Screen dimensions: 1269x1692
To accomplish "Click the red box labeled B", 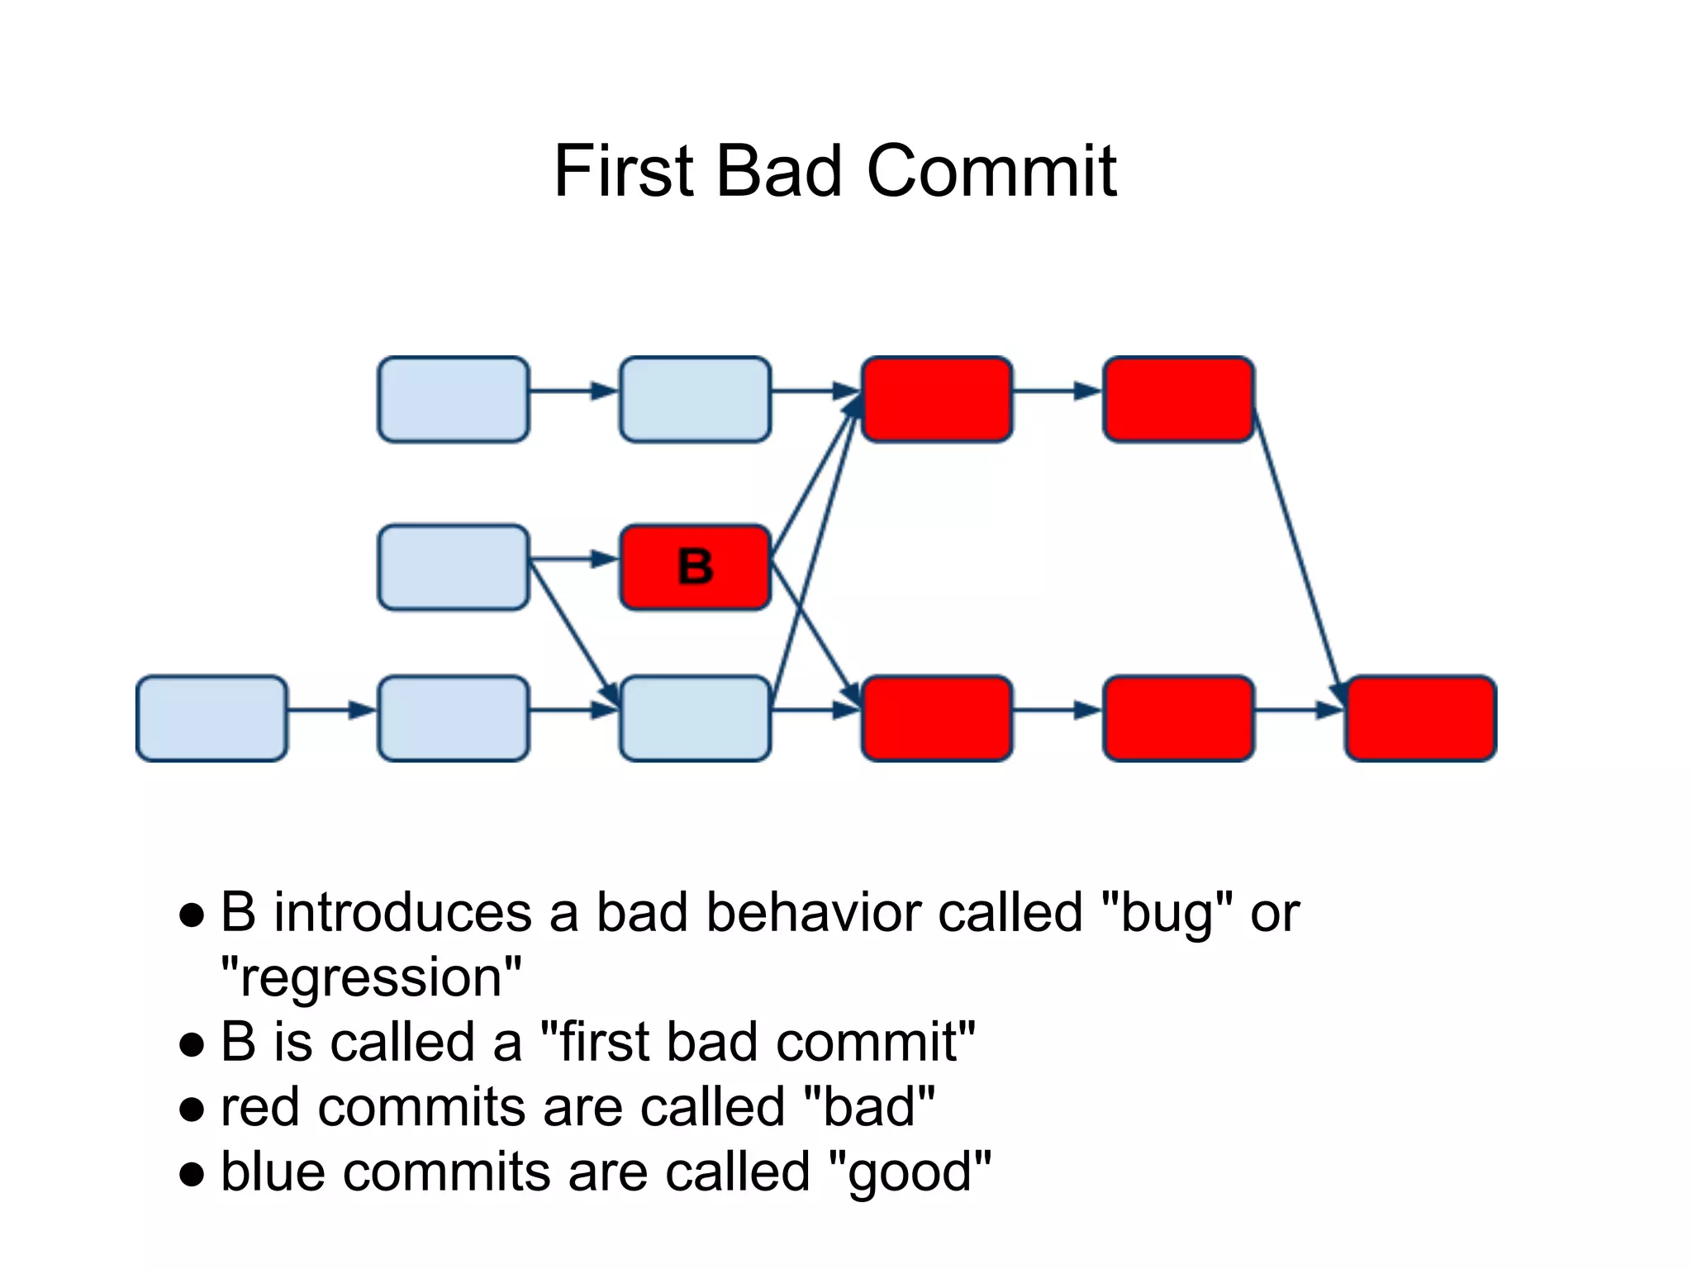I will pyautogui.click(x=695, y=567).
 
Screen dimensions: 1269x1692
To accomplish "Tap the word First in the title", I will pyautogui.click(x=624, y=171).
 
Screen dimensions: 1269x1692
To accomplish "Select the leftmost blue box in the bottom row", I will pyautogui.click(x=211, y=718).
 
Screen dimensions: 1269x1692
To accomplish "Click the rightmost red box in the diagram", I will pyautogui.click(x=1420, y=718).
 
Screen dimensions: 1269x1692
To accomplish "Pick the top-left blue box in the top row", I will pyautogui.click(x=453, y=399).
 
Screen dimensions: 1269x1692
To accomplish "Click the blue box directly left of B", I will pyautogui.click(x=453, y=567).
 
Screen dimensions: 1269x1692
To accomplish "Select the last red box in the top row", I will pyautogui.click(x=1178, y=399).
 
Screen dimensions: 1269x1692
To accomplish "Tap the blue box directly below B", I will pyautogui.click(x=695, y=718).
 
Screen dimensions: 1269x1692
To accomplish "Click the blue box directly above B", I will pyautogui.click(x=695, y=399).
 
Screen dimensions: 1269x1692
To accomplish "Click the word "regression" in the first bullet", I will pyautogui.click(x=371, y=978).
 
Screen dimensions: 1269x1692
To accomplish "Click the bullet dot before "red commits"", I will pyautogui.click(x=192, y=1110).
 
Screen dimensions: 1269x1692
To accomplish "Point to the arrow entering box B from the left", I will pyautogui.click(x=573, y=560).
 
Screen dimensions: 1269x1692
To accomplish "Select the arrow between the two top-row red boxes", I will pyautogui.click(x=1057, y=391).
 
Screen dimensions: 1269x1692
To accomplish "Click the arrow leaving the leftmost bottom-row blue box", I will pyautogui.click(x=330, y=710).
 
